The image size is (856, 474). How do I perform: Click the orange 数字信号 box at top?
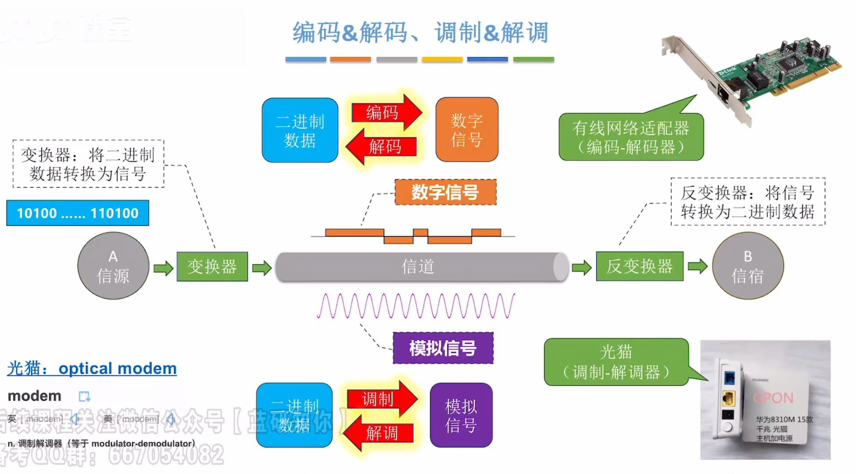[467, 130]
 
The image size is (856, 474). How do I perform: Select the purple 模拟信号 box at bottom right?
[461, 415]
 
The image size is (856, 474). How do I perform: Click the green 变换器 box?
[212, 267]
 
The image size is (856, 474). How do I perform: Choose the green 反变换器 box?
[639, 267]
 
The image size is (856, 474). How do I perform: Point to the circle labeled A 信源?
[113, 266]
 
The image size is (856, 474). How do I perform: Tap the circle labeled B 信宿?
[748, 266]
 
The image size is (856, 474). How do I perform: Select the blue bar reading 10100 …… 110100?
[78, 213]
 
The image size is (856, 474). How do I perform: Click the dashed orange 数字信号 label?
[445, 192]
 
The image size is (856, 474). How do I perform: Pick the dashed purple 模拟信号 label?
[443, 348]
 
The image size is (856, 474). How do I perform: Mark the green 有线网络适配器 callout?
[631, 137]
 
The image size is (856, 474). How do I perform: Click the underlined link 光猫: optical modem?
[92, 368]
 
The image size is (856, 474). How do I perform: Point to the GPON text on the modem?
[773, 398]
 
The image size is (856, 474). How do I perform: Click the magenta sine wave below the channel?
[415, 306]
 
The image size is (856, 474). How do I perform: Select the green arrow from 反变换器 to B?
[698, 266]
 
